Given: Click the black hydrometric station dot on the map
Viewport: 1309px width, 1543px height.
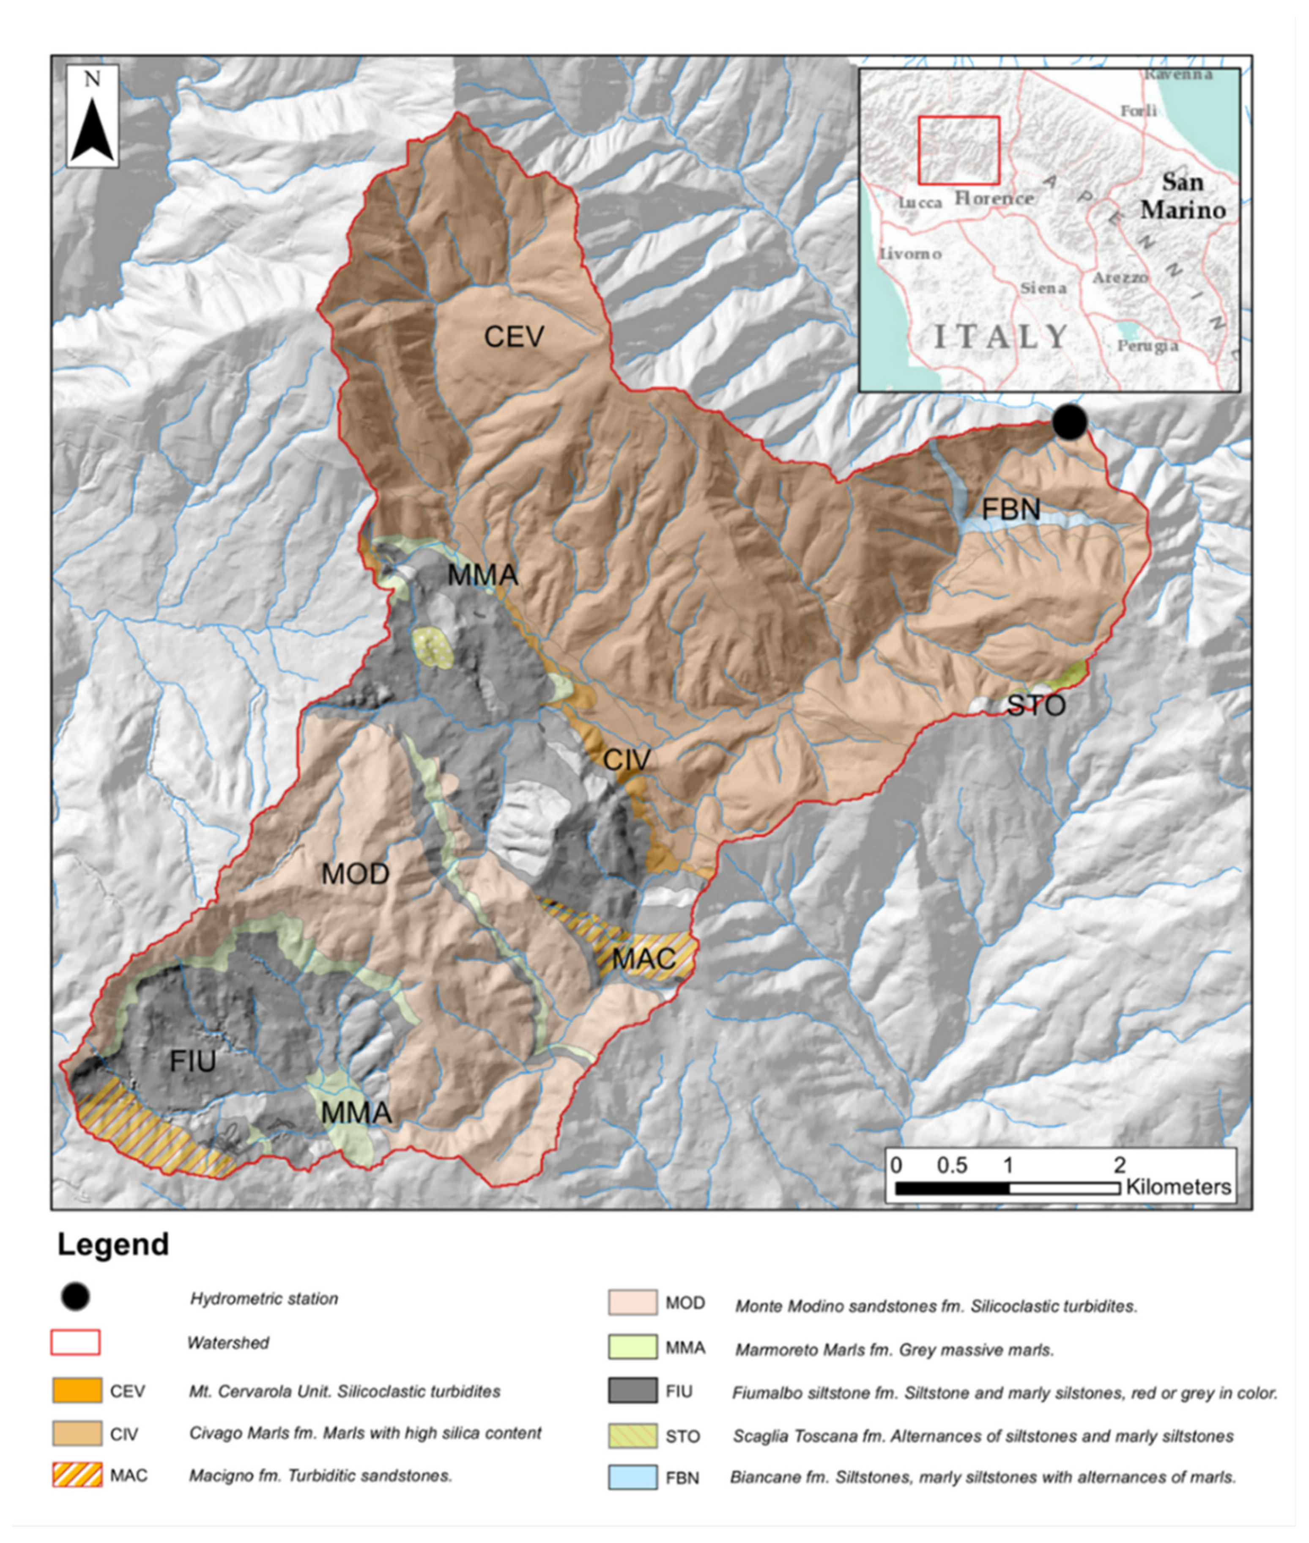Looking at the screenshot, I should (1069, 422).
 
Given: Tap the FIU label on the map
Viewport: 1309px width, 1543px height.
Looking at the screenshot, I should (192, 1061).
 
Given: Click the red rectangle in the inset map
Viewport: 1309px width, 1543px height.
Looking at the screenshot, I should (959, 150).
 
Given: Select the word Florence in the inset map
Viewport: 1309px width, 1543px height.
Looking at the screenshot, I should (994, 198).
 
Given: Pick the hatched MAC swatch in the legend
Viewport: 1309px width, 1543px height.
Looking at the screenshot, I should (77, 1475).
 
